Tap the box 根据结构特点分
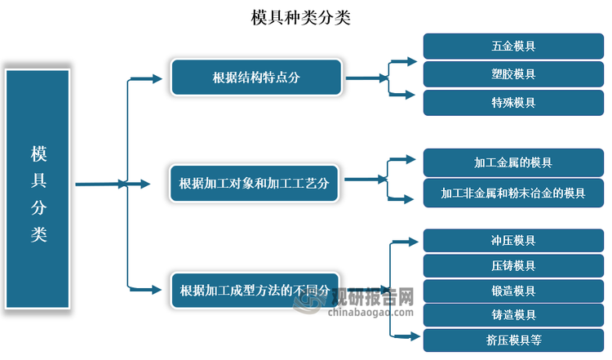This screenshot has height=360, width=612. pos(256,78)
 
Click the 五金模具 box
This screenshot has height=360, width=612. pos(513,47)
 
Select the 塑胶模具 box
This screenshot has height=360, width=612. pos(513,74)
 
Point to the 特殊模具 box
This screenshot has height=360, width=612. pos(513,102)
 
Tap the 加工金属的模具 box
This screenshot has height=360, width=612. pos(513,162)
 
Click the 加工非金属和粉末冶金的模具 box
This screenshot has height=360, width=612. pos(513,193)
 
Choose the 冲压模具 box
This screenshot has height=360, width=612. pos(513,241)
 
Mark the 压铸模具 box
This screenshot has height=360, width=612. pos(513,265)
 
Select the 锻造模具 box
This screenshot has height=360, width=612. pos(513,291)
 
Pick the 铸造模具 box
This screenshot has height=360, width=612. pos(513,315)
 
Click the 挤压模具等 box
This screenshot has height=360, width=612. pos(513,340)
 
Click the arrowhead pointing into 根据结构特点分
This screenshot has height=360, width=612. pos(157,78)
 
